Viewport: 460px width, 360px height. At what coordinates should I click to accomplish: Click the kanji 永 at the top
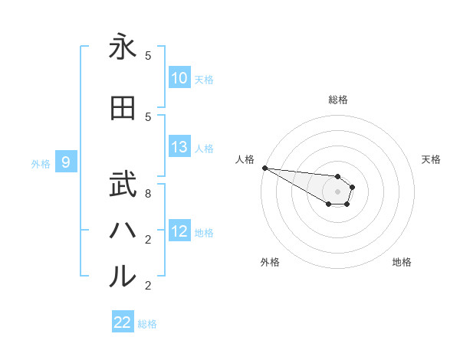(x=123, y=47)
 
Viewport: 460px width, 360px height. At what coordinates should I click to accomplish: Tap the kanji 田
(x=123, y=108)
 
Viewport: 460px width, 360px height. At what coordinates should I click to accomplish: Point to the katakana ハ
(x=123, y=230)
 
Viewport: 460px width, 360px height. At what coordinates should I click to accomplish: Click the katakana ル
(x=123, y=277)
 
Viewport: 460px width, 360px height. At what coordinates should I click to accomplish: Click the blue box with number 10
(x=179, y=78)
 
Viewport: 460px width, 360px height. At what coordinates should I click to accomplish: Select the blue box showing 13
(x=179, y=148)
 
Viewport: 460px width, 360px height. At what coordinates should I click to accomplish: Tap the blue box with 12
(x=179, y=232)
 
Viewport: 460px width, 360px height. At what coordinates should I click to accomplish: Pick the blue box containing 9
(x=67, y=162)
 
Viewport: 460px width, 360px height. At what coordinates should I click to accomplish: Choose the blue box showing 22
(x=123, y=323)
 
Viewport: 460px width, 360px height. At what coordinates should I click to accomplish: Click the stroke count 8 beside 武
(x=148, y=193)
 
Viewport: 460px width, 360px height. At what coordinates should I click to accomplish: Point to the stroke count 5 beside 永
(x=148, y=56)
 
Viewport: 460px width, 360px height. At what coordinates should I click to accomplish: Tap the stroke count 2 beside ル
(x=148, y=286)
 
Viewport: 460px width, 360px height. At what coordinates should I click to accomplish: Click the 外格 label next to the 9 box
(x=40, y=163)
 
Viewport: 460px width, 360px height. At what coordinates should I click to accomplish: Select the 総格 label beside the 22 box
(x=147, y=324)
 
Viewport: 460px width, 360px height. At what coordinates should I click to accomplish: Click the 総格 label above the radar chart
(x=337, y=100)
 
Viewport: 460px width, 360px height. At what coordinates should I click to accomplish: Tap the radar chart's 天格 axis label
(x=431, y=159)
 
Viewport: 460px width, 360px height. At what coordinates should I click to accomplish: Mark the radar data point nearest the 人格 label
(x=264, y=168)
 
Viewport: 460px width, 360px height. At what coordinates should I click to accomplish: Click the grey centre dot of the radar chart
(x=337, y=191)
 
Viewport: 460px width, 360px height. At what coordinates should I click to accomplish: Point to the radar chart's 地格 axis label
(x=402, y=262)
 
